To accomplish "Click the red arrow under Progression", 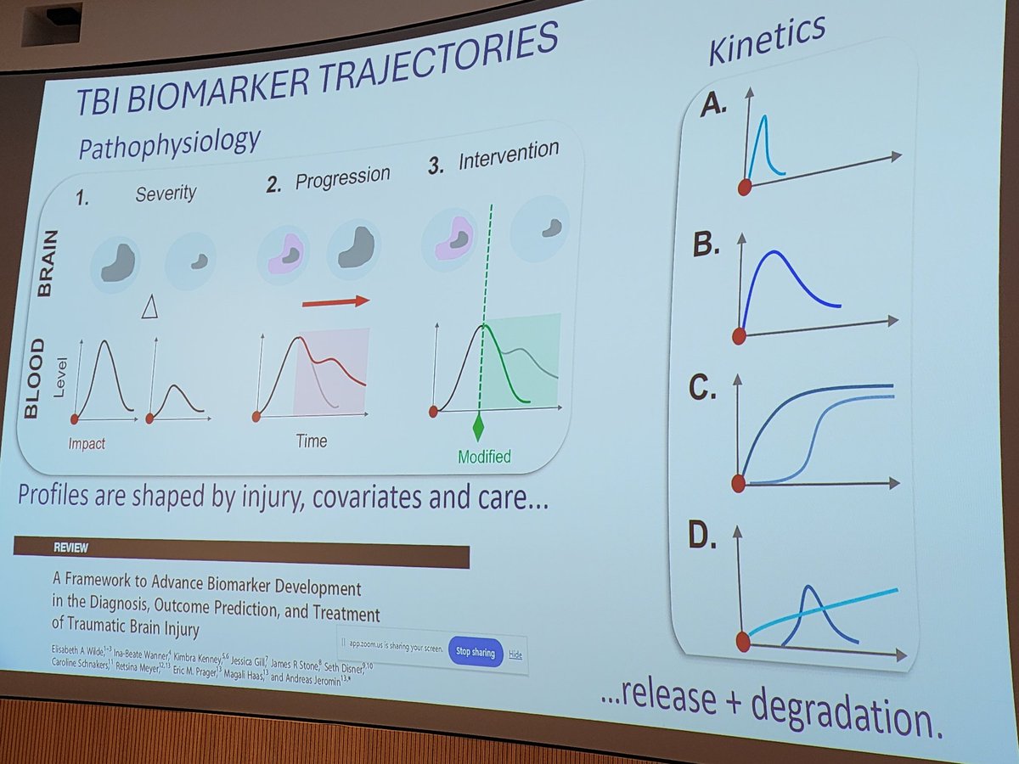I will point(335,301).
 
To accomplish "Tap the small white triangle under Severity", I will point(150,308).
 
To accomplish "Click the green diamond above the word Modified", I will point(478,427).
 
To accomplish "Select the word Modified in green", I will point(484,458).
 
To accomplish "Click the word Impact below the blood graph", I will point(87,443).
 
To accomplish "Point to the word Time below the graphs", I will point(311,441).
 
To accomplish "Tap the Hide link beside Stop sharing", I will point(515,654).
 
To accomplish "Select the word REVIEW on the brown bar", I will point(44,548).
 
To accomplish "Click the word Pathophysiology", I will point(168,140).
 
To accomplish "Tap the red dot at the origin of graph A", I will point(745,188).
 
